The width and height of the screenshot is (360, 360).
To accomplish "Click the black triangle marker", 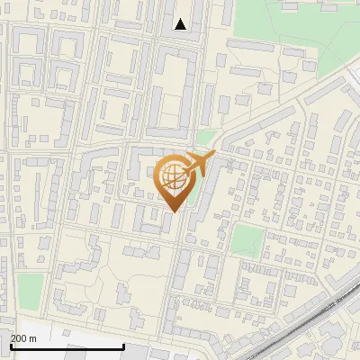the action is click(x=181, y=24).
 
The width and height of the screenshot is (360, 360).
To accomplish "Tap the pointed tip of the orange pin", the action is click(x=175, y=212).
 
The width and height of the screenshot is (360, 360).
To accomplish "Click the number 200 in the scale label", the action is click(x=18, y=338).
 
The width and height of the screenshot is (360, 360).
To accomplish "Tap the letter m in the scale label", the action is click(x=32, y=338).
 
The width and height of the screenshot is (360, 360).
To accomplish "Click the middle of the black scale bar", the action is click(x=67, y=346).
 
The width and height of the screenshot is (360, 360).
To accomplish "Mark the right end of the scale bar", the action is click(x=123, y=346).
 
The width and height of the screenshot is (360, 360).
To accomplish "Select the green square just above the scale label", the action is click(x=30, y=288).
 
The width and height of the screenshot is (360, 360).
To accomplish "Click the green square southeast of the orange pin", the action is click(x=246, y=239).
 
